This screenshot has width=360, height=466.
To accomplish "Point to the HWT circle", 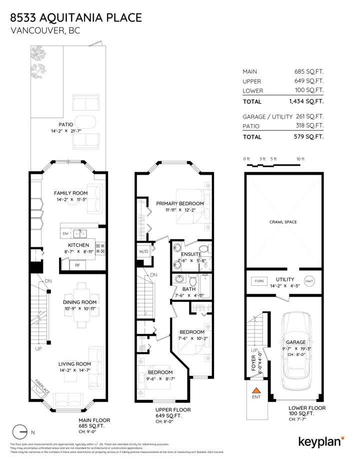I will coord(309,281).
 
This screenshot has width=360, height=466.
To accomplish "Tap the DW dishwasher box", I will coord(65,234).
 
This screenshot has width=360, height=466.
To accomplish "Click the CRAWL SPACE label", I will coord(282,221).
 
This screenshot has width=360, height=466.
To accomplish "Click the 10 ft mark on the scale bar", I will coord(300,159).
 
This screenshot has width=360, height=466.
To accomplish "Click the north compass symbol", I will coord(21,431).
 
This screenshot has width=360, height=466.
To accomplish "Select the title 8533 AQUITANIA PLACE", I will coord(75,18).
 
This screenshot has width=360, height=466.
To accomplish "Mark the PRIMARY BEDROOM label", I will coord(179,204).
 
